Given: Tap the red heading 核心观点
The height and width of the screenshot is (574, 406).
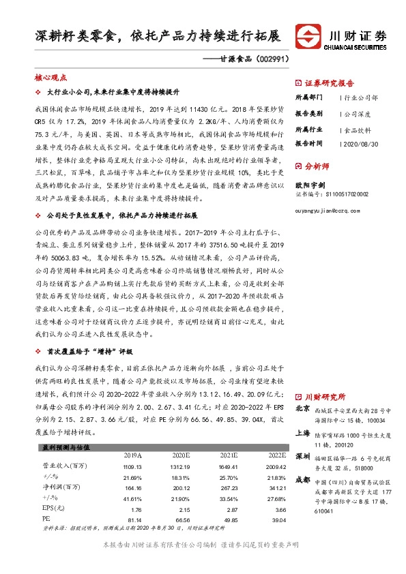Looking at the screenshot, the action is click(x=46, y=79).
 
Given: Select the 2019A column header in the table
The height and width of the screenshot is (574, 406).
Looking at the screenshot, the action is click(x=132, y=453).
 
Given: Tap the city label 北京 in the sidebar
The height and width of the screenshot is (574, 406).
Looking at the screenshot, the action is click(x=302, y=410).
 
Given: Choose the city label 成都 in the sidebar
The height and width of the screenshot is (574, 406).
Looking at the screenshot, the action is click(x=302, y=480).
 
